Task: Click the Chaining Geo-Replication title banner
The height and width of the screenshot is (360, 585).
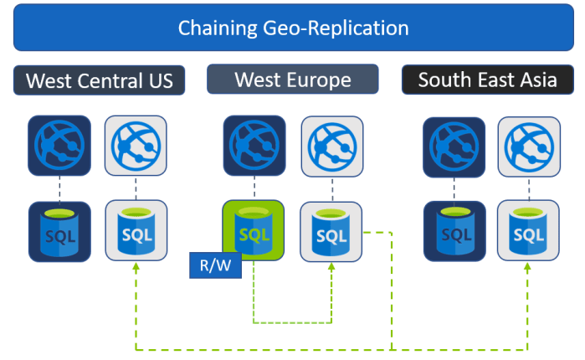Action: pyautogui.click(x=292, y=28)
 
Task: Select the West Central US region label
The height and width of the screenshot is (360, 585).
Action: pyautogui.click(x=99, y=81)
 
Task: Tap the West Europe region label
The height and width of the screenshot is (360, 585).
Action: pyautogui.click(x=292, y=80)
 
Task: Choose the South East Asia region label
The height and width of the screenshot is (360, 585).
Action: pyautogui.click(x=488, y=80)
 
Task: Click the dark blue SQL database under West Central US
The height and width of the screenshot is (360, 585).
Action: pyautogui.click(x=59, y=231)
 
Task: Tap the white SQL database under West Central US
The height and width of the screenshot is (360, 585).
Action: pyautogui.click(x=136, y=231)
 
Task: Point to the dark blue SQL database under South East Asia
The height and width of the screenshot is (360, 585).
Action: pyautogui.click(x=454, y=231)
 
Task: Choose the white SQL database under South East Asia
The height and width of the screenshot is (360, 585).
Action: pyautogui.click(x=529, y=231)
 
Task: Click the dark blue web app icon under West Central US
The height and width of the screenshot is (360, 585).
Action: pyautogui.click(x=59, y=146)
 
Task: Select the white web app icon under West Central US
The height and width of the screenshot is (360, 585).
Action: pyautogui.click(x=136, y=146)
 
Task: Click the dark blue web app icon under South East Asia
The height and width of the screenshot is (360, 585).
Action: pyautogui.click(x=454, y=146)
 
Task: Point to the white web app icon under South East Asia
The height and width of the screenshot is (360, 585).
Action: pyautogui.click(x=529, y=146)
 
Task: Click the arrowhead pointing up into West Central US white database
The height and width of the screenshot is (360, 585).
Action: pyautogui.click(x=136, y=267)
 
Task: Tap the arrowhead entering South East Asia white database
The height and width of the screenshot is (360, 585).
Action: pyautogui.click(x=528, y=267)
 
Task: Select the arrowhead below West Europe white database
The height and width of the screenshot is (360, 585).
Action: pyautogui.click(x=331, y=267)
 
